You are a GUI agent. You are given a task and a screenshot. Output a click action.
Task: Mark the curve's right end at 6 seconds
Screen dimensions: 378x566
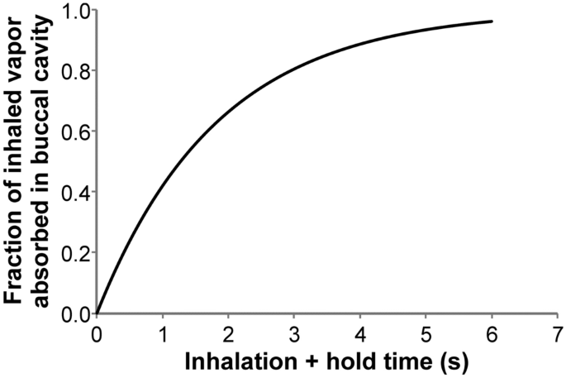click(492, 22)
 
